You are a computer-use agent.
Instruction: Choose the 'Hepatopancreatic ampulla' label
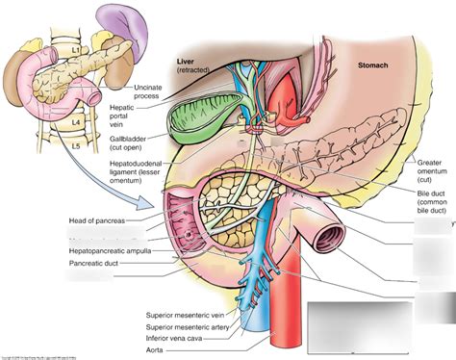point(104,248)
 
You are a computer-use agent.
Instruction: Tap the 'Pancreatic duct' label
point(94,262)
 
